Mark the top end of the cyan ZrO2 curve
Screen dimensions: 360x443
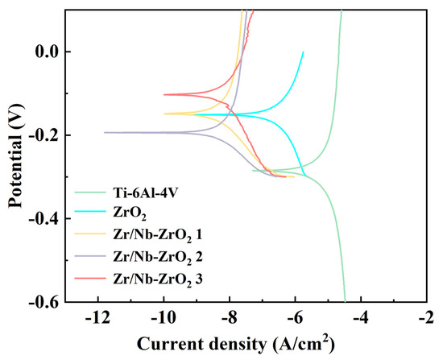[303, 52]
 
